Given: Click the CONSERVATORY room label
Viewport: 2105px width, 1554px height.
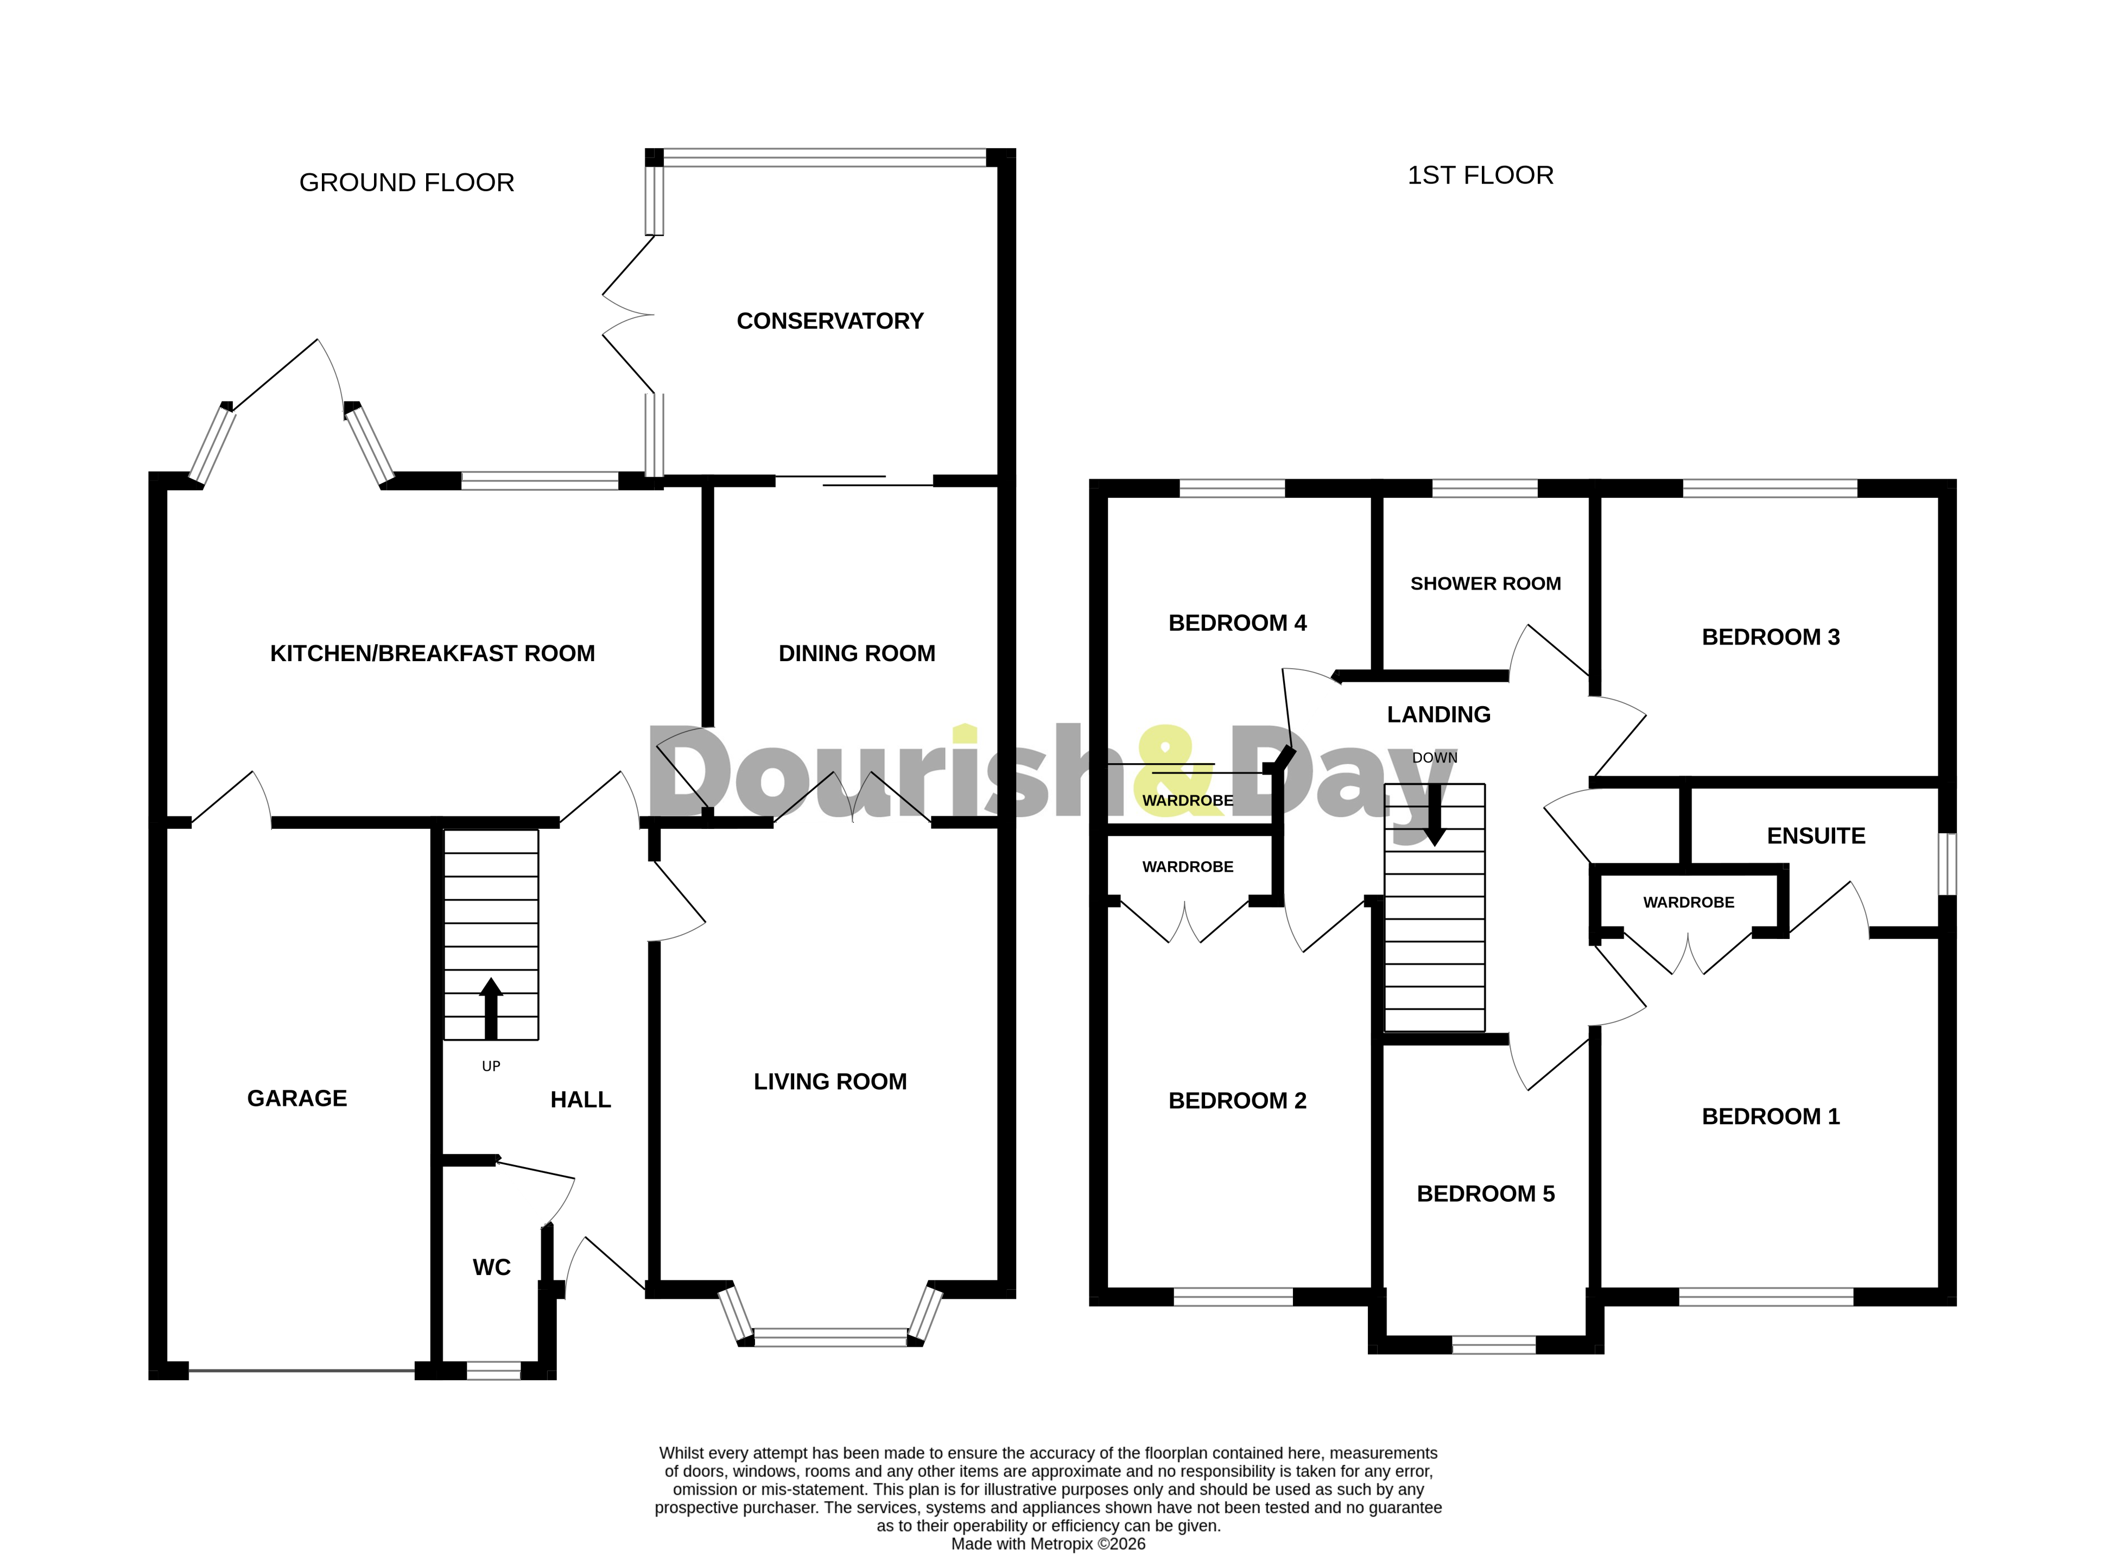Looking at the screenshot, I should click(x=829, y=321).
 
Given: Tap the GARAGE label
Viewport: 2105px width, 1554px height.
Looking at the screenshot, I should click(x=297, y=1098).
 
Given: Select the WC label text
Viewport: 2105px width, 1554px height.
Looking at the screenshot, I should click(x=491, y=1267).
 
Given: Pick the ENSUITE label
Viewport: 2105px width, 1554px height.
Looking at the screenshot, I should click(x=1815, y=835).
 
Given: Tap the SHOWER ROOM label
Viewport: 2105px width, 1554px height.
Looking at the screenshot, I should click(x=1485, y=583).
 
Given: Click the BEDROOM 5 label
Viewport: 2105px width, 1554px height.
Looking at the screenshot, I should click(x=1485, y=1194).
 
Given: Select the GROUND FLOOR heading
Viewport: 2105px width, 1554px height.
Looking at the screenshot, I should click(x=407, y=182).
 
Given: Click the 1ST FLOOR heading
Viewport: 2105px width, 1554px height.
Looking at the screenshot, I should click(x=1480, y=175).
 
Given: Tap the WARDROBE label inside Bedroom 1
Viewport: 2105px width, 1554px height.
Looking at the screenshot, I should click(x=1688, y=902).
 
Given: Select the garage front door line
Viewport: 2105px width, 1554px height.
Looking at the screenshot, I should click(x=301, y=1371).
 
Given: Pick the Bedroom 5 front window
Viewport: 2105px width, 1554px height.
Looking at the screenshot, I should click(x=1494, y=1345).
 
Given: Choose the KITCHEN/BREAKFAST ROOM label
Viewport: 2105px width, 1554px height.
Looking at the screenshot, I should click(x=433, y=653).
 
